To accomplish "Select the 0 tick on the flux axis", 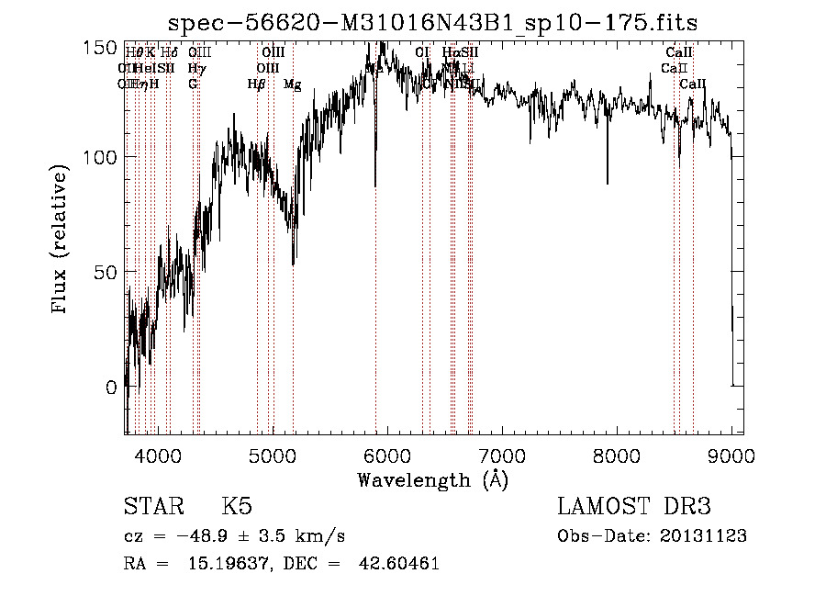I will click(110, 387).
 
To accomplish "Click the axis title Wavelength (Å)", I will click(432, 479).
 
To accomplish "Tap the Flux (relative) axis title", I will click(61, 240).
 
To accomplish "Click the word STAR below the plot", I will click(152, 507).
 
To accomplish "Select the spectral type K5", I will click(237, 507).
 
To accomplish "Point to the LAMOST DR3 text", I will click(634, 507).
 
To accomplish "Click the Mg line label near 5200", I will click(292, 84).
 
